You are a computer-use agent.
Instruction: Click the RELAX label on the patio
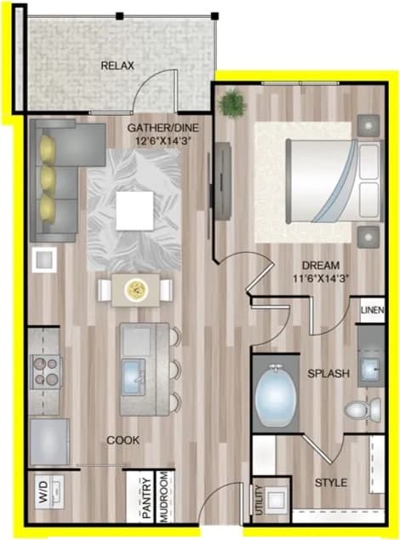coord(118,66)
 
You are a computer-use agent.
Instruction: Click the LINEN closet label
coord(372,309)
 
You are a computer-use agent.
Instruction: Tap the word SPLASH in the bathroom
coord(326,373)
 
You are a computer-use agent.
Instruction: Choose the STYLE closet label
coord(330,482)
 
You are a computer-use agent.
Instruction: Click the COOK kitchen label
coord(123,439)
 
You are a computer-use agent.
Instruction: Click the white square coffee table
coord(136,210)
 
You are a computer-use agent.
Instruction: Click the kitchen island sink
coord(136,374)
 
